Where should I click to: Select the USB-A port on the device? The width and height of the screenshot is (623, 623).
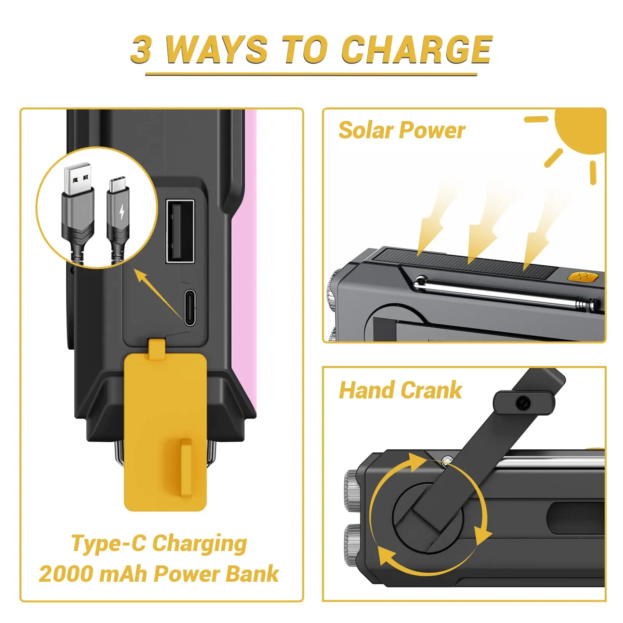point(180,231)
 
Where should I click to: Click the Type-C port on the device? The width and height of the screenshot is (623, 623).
point(190,307)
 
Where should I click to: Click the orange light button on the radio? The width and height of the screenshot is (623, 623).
point(583,277)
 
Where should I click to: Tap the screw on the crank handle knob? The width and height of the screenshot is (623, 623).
point(523,403)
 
